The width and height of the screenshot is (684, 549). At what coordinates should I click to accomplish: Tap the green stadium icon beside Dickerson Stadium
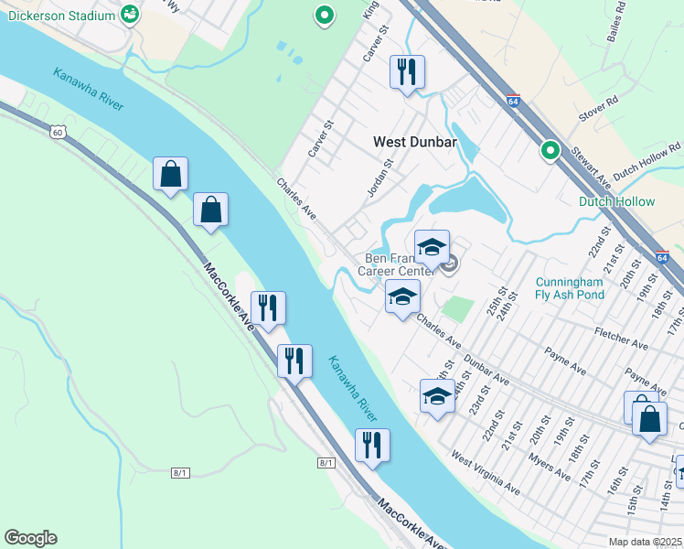[130, 14]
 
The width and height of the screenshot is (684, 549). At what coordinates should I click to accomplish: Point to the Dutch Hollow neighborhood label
[616, 201]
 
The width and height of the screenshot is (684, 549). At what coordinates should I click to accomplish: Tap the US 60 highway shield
[58, 133]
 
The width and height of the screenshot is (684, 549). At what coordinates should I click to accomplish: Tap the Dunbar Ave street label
[486, 368]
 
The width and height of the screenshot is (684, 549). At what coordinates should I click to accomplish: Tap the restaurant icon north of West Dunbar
[406, 70]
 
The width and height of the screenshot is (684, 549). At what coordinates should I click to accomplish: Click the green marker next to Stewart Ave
[550, 149]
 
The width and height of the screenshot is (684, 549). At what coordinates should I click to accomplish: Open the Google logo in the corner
[30, 538]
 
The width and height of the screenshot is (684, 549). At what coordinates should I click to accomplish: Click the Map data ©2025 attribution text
[646, 542]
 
